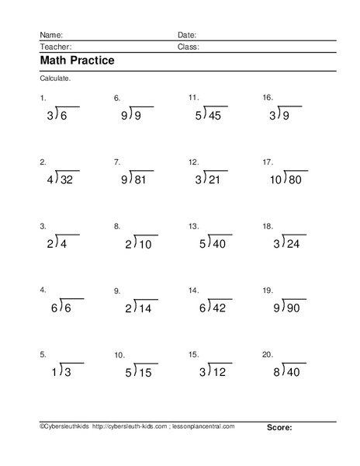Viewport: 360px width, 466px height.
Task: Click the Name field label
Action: pyautogui.click(x=49, y=35)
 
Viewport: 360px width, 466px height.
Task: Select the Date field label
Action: pyautogui.click(x=187, y=35)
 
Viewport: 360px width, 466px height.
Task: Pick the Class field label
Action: pyautogui.click(x=189, y=47)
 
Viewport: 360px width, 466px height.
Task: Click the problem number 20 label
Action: pyautogui.click(x=268, y=354)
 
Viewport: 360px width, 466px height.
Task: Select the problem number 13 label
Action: pyautogui.click(x=193, y=226)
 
